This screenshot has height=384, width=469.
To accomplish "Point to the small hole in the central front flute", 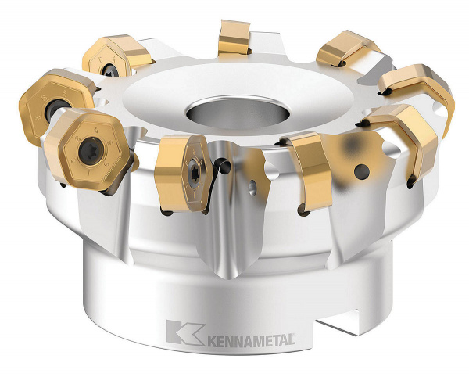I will click(x=252, y=187).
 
